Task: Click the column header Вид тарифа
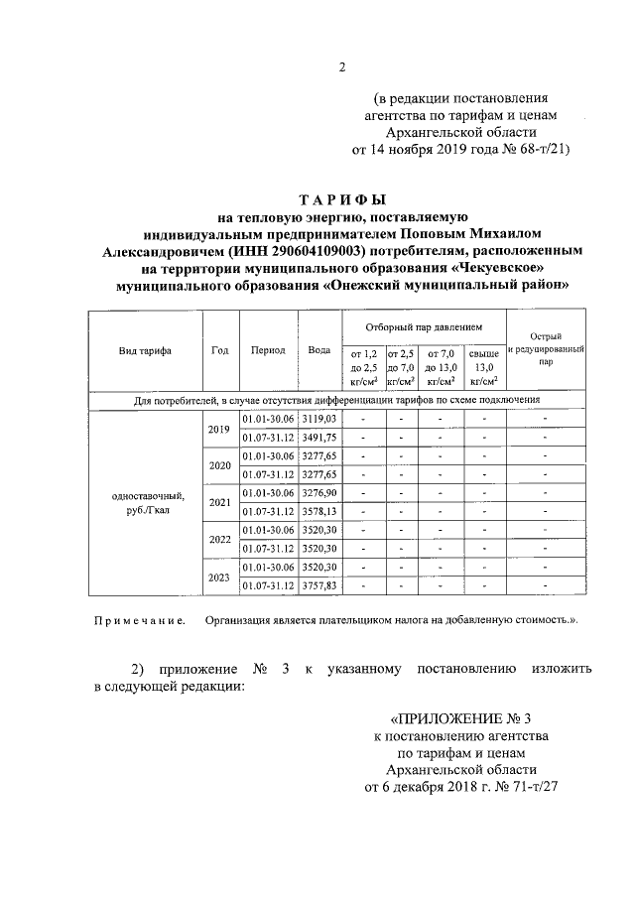point(145,350)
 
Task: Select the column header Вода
point(319,350)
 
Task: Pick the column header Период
point(268,350)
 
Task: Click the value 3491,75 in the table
point(319,438)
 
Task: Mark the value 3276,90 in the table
point(319,492)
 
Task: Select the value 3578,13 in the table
point(319,511)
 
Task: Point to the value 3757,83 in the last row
point(319,585)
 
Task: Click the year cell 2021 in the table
point(220,502)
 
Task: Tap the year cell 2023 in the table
point(220,576)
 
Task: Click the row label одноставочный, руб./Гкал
point(145,502)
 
